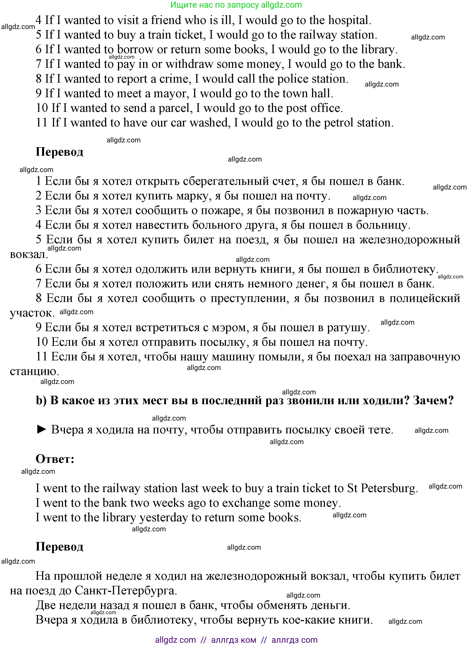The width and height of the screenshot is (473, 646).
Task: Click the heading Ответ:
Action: [55, 459]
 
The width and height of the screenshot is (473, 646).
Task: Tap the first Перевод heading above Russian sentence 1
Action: [59, 152]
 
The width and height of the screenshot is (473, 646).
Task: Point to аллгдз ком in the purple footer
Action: [234, 640]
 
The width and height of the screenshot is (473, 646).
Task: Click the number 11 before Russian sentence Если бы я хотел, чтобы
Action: [41, 357]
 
